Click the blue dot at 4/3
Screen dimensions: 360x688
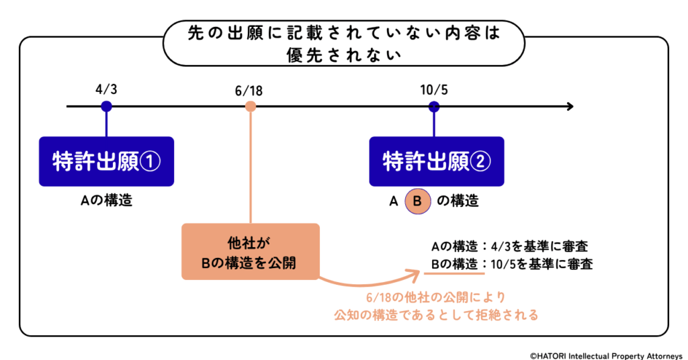click(x=106, y=106)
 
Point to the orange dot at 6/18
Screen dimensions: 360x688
click(x=251, y=106)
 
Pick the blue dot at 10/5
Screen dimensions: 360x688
click(x=434, y=106)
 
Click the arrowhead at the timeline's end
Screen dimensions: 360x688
click(x=569, y=106)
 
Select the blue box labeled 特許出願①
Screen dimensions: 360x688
click(x=106, y=161)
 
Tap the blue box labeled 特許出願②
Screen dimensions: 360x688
click(x=437, y=161)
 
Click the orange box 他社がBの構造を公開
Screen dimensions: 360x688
click(x=251, y=251)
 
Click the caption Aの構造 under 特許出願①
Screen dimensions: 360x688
click(x=106, y=200)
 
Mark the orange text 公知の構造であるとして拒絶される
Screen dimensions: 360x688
click(x=437, y=314)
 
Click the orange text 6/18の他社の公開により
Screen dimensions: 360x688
click(x=437, y=296)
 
